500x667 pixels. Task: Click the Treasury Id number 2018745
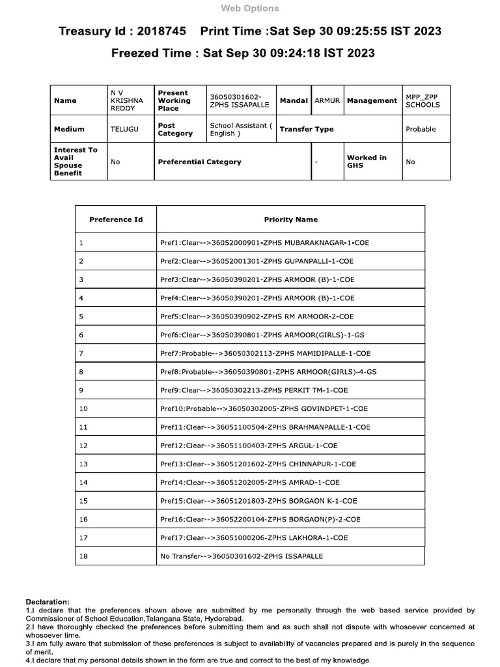163,31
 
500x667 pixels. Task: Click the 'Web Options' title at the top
250,8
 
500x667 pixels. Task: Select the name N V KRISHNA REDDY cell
122,101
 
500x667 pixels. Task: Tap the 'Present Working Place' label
174,101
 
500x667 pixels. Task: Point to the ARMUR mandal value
327,101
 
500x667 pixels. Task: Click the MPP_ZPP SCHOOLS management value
423,101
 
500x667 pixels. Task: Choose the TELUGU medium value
124,129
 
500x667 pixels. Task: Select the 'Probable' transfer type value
421,129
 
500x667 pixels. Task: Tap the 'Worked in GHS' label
367,162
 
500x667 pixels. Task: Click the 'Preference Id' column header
116,220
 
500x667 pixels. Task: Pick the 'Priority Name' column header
290,220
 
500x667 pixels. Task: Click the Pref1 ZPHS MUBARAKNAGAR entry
264,242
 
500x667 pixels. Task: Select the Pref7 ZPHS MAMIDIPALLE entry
265,353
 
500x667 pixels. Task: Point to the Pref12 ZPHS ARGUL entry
258,446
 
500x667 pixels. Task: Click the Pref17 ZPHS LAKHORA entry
254,537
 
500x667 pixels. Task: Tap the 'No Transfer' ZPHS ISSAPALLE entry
241,556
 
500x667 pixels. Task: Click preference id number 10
83,408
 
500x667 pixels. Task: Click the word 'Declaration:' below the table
48,601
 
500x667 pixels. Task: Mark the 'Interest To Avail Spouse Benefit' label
76,162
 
